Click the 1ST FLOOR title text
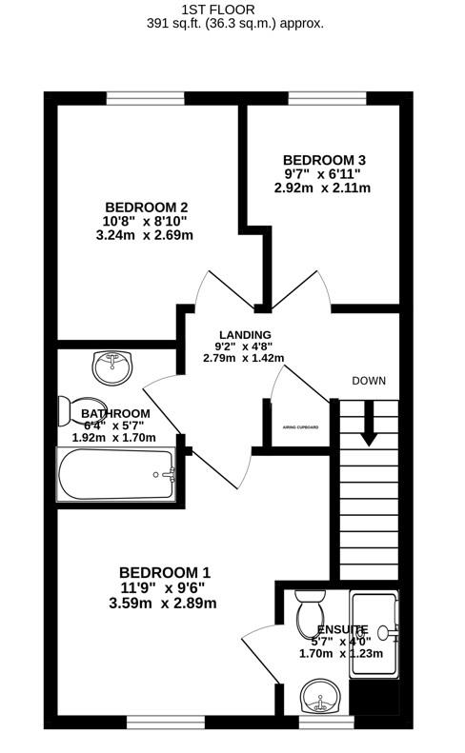(x=218, y=10)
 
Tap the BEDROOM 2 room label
(x=146, y=208)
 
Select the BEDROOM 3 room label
(x=324, y=160)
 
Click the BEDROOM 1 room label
(x=165, y=572)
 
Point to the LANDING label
(x=245, y=335)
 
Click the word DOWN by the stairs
(x=369, y=381)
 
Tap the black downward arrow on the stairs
(x=369, y=423)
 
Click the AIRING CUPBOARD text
(x=300, y=426)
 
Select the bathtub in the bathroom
(x=116, y=474)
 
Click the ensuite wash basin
(x=320, y=696)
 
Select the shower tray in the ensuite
(x=374, y=634)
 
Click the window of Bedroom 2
(x=145, y=98)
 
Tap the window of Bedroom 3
(x=328, y=98)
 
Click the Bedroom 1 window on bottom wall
(x=166, y=723)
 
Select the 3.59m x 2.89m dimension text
(x=163, y=604)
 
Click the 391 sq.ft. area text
(x=173, y=24)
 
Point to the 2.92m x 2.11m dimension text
(x=323, y=188)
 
